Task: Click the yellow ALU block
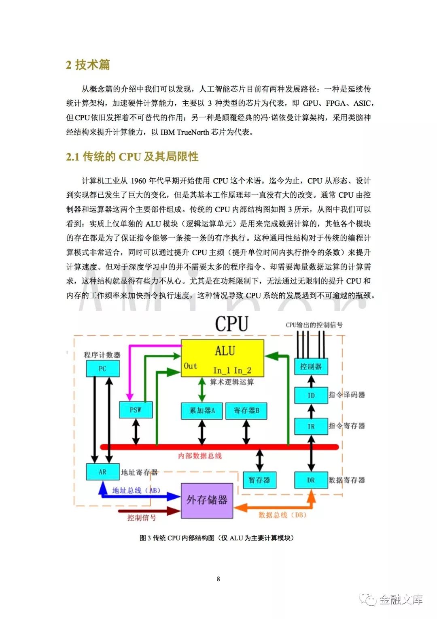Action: coord(222,358)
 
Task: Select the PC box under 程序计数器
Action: coord(103,368)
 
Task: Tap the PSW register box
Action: coord(136,410)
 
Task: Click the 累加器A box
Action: coord(202,411)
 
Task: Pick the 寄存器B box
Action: coord(246,411)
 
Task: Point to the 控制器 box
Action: coord(311,367)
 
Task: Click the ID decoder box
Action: coord(311,395)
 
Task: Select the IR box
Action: coord(311,426)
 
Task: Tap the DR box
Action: coord(311,480)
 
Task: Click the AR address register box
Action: coord(103,472)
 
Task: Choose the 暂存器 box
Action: coord(259,480)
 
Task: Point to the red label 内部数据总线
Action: coord(200,456)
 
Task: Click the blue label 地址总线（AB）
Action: coord(136,491)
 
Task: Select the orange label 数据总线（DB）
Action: coord(282,515)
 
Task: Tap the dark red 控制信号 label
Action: coord(142,518)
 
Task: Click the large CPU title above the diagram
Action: coord(231,324)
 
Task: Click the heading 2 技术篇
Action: coord(88,65)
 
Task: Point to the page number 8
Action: coord(218,579)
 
